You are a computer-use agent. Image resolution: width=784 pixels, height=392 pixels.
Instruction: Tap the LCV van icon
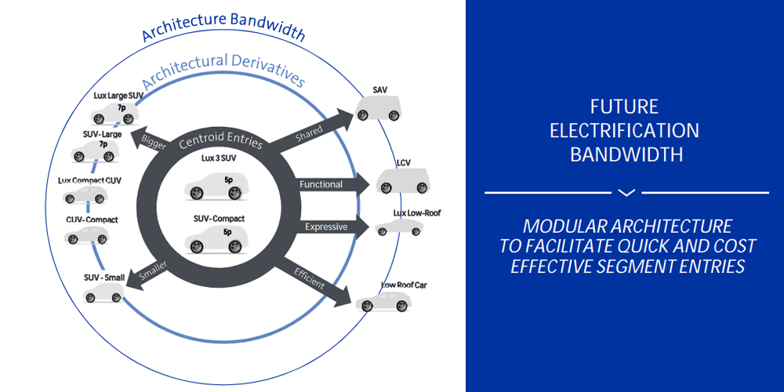[x=403, y=181]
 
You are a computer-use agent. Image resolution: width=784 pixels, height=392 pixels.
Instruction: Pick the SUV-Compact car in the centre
[x=212, y=241]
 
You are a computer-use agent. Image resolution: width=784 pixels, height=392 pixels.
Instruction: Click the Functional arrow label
[x=321, y=184]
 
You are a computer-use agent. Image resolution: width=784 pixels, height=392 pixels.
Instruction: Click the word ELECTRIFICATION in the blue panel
[x=625, y=130]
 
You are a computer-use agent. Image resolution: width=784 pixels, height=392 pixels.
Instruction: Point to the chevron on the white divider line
[x=625, y=192]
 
